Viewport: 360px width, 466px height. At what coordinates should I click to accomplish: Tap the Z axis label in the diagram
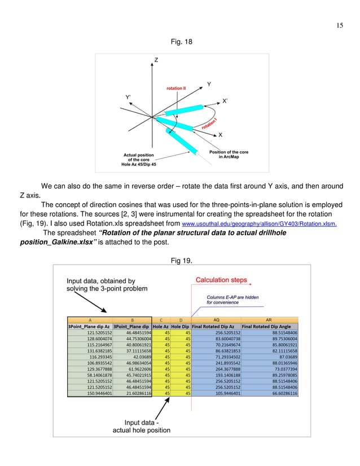click(156, 60)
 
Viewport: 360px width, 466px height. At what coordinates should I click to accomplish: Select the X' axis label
click(225, 101)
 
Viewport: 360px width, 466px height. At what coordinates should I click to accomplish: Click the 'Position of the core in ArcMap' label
click(229, 155)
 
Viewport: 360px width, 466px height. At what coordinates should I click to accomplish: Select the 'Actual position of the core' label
click(138, 160)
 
